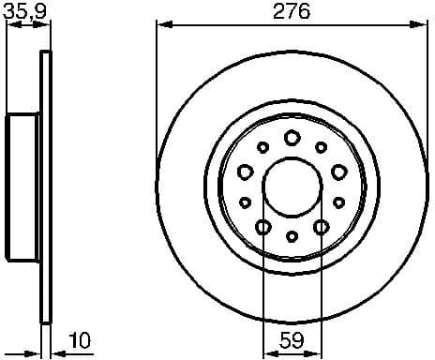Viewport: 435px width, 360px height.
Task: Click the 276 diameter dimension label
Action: click(x=292, y=12)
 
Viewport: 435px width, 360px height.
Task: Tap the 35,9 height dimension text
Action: click(x=26, y=12)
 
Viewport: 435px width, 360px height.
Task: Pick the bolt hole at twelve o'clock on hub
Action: click(x=292, y=138)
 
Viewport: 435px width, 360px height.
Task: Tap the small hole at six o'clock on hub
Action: click(x=292, y=235)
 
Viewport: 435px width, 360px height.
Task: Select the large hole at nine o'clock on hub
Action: click(x=246, y=172)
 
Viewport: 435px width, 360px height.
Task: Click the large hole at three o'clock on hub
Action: click(x=338, y=172)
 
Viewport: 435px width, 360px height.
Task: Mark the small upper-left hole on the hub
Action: click(x=262, y=147)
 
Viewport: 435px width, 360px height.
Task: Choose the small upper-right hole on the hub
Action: click(x=321, y=147)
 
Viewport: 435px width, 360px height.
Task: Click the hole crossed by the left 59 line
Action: click(x=263, y=227)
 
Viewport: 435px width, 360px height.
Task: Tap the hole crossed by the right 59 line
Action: click(x=321, y=227)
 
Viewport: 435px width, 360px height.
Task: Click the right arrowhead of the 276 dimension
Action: click(x=423, y=23)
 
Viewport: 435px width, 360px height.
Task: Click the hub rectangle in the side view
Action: click(x=23, y=187)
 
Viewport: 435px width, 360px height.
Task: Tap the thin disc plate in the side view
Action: click(x=44, y=187)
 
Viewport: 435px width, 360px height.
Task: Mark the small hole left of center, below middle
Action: click(x=246, y=202)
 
